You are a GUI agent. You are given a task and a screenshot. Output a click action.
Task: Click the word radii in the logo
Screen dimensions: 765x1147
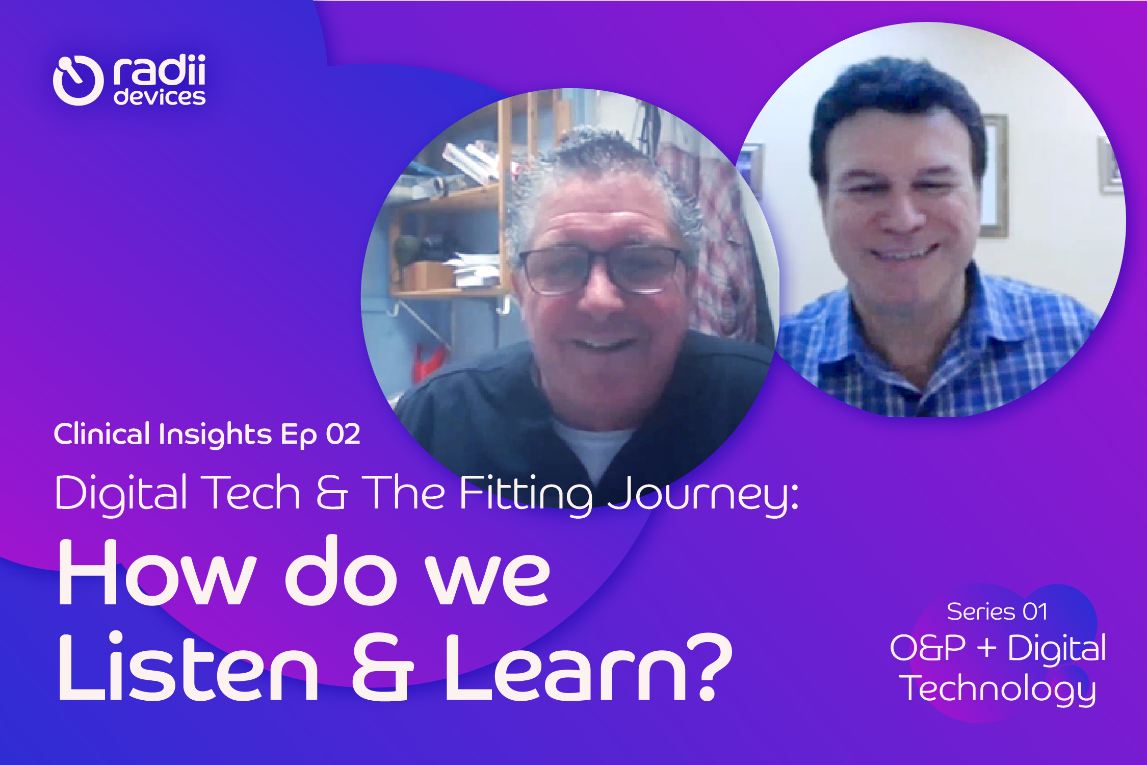[x=159, y=70]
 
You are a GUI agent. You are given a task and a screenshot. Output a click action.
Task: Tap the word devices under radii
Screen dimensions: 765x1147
[x=160, y=97]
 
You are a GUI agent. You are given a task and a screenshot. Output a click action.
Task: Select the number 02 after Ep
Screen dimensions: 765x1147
[x=343, y=435]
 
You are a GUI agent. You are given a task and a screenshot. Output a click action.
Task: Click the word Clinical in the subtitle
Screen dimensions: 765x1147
[x=102, y=435]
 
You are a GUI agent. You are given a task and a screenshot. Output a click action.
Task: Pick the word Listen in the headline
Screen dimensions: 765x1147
[x=189, y=668]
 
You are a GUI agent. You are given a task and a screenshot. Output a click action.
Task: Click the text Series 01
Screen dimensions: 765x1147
[x=997, y=611]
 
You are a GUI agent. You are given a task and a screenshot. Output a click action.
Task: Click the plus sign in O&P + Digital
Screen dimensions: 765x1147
[x=987, y=648]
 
